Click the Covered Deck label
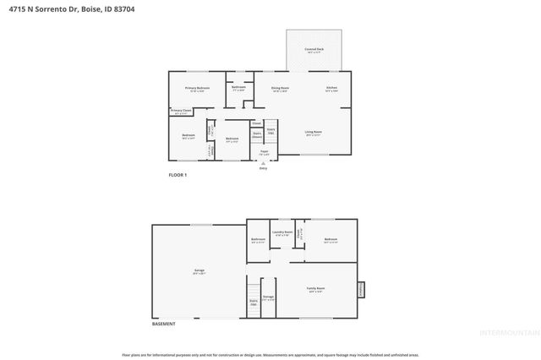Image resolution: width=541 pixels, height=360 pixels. click(x=314, y=50)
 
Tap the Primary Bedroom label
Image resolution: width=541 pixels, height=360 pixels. click(x=198, y=89)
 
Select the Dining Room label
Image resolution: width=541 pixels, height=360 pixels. click(x=280, y=88)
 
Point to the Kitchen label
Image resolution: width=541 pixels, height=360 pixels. click(x=332, y=88)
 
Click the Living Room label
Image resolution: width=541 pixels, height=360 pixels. click(x=313, y=132)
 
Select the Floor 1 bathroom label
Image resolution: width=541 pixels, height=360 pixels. click(x=238, y=87)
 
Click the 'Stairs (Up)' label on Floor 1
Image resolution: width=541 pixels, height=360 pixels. click(x=270, y=132)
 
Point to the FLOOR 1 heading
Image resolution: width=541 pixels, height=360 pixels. click(x=177, y=175)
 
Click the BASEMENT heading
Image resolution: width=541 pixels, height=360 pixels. click(x=163, y=325)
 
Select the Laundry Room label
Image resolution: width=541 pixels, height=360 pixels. click(x=282, y=233)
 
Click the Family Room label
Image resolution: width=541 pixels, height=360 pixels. click(x=315, y=289)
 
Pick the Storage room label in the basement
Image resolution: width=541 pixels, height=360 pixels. click(x=268, y=297)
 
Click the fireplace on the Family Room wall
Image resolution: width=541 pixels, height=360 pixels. click(x=361, y=289)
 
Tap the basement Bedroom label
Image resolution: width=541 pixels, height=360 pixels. click(x=330, y=240)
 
